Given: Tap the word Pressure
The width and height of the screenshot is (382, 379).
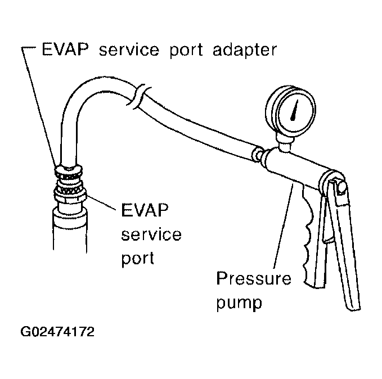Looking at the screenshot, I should coord(254,279).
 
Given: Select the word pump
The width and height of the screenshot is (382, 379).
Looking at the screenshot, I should coord(240,304).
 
